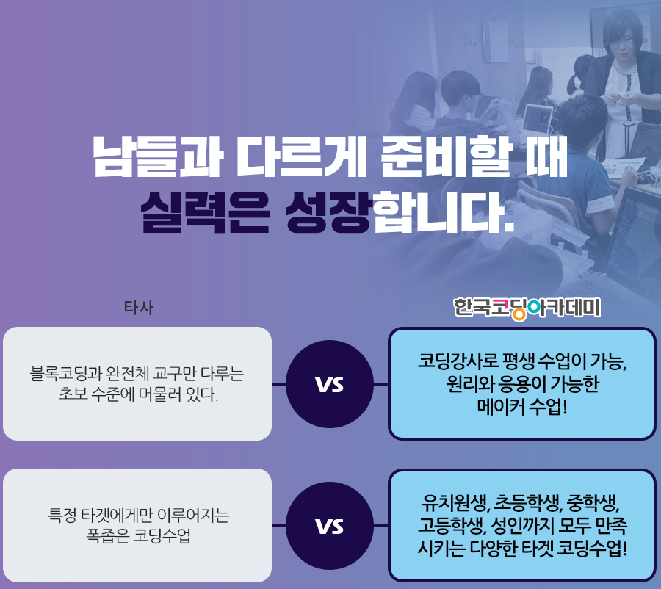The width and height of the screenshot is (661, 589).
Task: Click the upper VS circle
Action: pos(330,384)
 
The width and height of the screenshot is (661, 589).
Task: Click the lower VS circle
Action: pos(330,526)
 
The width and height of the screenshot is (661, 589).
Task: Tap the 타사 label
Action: pos(139,308)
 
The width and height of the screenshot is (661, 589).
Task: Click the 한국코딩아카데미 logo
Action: pos(527,308)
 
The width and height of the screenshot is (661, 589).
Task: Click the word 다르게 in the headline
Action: pos(300,156)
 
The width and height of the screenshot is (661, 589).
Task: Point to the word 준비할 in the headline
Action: pos(446,156)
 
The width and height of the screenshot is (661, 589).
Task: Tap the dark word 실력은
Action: pos(204,212)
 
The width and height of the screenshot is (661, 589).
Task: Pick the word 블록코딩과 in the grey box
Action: pos(66,374)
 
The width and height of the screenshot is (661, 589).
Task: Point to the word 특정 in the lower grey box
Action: pos(62,515)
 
